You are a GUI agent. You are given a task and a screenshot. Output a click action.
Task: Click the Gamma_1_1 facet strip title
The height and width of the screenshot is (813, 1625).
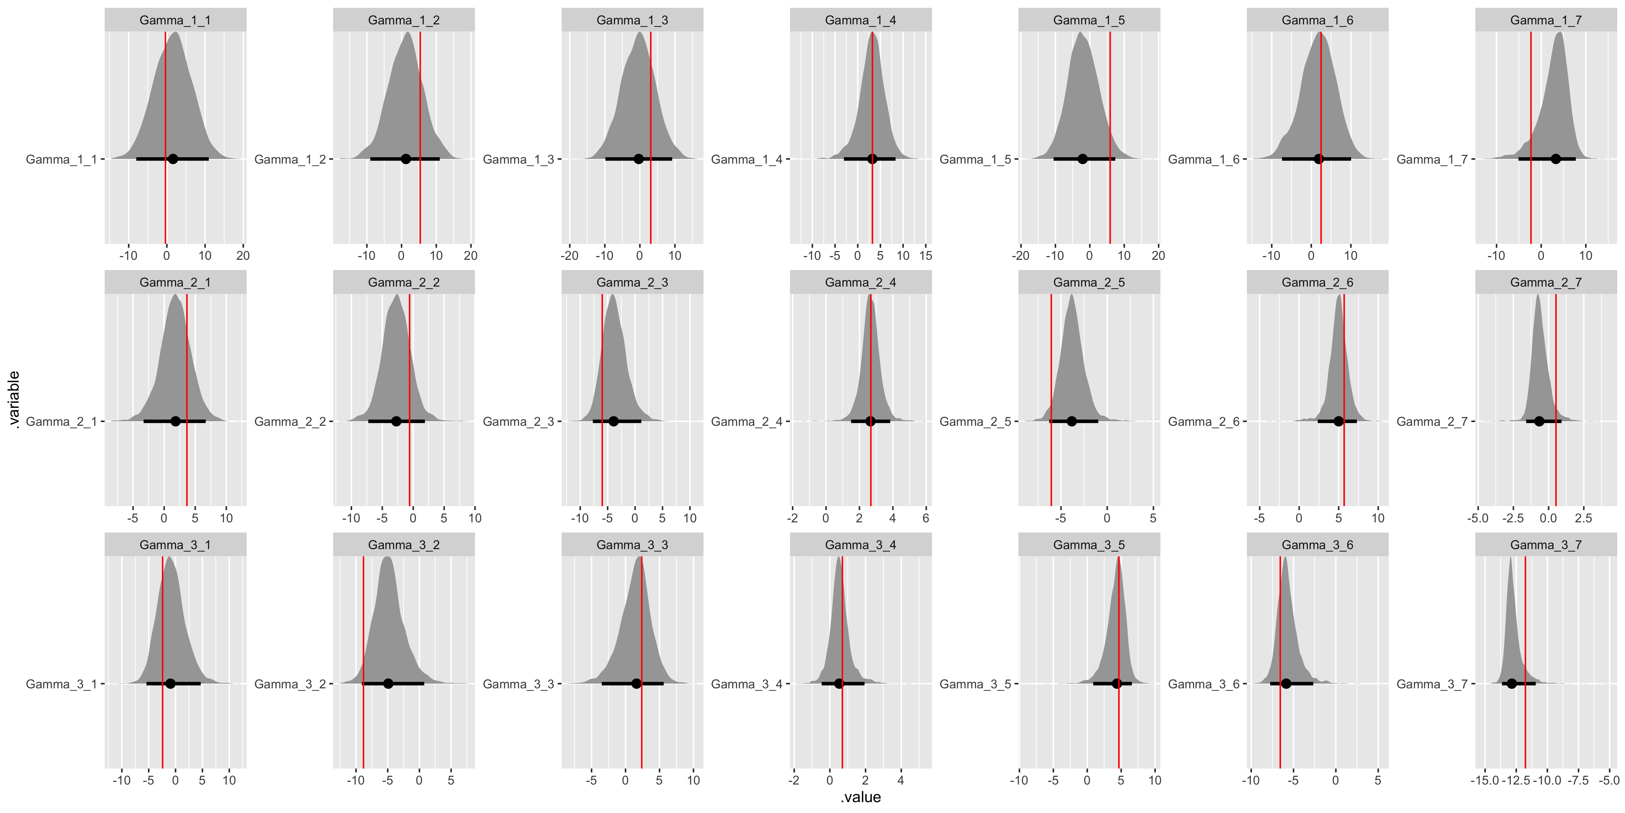[x=175, y=20]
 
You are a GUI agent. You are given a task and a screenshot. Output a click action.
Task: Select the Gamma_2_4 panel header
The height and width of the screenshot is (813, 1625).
[x=861, y=282]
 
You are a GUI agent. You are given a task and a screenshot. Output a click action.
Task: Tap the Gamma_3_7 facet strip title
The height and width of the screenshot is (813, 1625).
[x=1545, y=545]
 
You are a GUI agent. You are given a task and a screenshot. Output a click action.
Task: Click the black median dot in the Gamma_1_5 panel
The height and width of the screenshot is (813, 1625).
[x=1083, y=159]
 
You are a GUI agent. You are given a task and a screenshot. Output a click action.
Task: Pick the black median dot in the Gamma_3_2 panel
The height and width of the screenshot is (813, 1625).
[x=388, y=684]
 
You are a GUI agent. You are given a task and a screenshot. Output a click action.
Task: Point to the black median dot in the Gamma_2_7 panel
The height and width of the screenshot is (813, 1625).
[x=1539, y=421]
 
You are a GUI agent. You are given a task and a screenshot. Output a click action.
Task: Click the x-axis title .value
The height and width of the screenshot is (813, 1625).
[x=861, y=797]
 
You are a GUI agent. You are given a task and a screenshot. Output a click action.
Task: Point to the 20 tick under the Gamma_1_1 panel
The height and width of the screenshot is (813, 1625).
[x=243, y=256]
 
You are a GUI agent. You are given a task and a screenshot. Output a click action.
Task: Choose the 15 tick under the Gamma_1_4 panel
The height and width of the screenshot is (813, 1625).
[x=926, y=256]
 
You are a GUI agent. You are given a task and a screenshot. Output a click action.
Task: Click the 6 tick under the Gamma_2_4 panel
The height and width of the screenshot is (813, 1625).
[x=926, y=518]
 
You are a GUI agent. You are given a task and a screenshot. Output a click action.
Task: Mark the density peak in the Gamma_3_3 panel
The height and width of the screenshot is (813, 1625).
[x=640, y=558]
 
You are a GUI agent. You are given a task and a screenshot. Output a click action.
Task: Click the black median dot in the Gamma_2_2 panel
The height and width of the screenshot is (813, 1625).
[x=396, y=421]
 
